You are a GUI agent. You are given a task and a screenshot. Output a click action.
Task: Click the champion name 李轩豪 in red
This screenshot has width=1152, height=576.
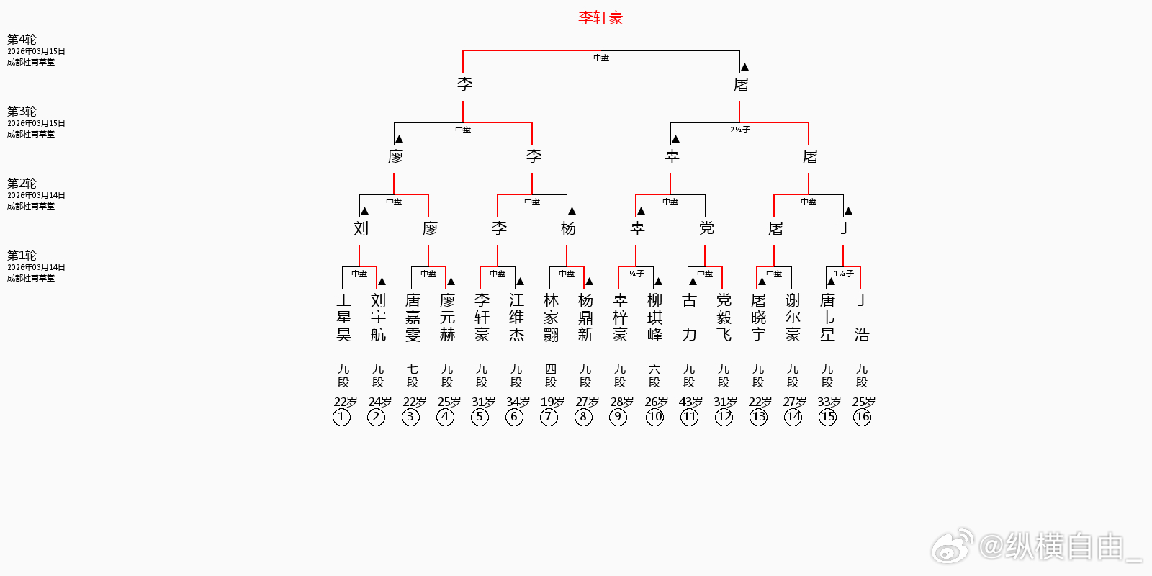point(600,18)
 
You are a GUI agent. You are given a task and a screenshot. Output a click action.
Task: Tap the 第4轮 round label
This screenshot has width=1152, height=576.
point(22,40)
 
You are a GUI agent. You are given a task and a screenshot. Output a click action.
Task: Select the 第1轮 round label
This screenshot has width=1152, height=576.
point(22,256)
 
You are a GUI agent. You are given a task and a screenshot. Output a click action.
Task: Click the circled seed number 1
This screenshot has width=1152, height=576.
point(342,417)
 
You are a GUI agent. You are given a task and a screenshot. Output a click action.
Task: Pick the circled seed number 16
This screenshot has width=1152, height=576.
point(862,417)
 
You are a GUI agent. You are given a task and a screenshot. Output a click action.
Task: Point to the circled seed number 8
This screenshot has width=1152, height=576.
point(584,417)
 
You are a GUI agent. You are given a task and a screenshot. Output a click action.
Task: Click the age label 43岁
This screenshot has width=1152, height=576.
point(690,402)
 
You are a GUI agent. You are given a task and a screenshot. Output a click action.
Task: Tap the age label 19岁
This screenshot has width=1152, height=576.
point(552,402)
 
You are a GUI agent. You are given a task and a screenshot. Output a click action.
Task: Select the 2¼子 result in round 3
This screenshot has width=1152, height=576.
point(740,130)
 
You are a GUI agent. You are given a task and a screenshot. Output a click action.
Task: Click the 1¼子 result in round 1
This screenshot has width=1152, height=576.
point(844,274)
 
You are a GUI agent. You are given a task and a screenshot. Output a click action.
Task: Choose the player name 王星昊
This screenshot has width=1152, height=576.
point(343,317)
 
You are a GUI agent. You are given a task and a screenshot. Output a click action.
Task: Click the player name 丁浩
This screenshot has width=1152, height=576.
point(862,317)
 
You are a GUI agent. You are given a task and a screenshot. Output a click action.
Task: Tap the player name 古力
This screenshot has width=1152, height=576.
point(689,317)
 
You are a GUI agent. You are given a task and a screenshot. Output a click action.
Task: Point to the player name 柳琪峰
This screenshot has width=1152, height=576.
point(654,317)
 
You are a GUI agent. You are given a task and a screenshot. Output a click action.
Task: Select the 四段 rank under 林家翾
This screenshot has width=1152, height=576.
point(551,375)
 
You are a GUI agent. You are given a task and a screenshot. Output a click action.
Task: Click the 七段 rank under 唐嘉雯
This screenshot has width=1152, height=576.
point(413,375)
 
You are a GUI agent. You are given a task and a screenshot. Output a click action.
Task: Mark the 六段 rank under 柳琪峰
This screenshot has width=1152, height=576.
point(654,375)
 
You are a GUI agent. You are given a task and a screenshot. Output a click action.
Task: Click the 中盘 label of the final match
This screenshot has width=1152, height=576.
point(601,58)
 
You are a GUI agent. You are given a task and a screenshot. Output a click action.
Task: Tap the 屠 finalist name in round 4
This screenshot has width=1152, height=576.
point(741,84)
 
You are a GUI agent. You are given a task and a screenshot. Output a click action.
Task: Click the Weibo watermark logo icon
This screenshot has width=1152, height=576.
point(953,546)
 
